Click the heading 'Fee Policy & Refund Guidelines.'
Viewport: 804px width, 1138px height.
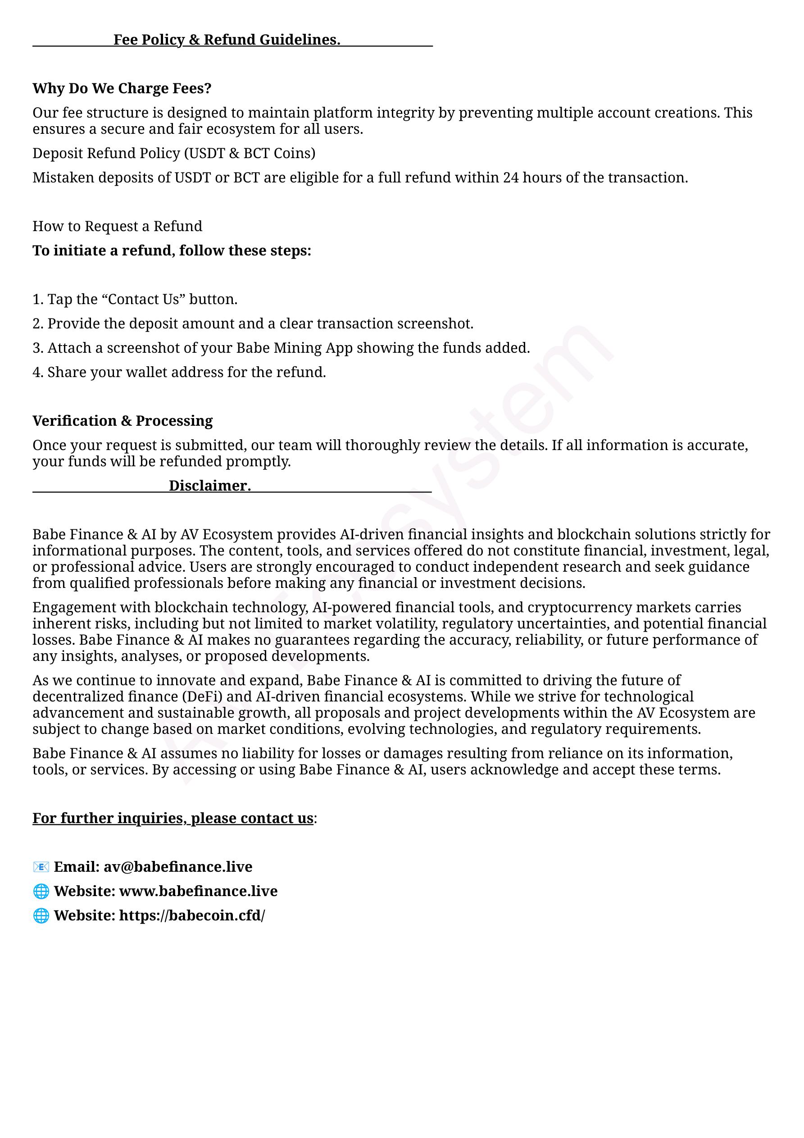227,40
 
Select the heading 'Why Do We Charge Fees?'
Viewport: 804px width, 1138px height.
122,88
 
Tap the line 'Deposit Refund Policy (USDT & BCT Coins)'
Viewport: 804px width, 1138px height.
174,153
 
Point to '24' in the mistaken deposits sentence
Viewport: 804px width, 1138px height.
511,178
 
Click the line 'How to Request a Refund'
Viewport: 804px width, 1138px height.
118,226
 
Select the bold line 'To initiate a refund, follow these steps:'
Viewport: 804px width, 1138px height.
172,250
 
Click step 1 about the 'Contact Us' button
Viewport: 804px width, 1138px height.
135,300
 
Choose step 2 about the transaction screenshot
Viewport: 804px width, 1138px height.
253,323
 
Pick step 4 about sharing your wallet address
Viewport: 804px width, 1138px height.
179,372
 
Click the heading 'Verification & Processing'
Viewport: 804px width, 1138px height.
123,421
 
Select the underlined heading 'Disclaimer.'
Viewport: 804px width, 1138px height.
210,486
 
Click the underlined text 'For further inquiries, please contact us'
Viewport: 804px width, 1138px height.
173,818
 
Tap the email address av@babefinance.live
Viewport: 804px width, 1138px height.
178,867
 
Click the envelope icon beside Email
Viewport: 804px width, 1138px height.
41,867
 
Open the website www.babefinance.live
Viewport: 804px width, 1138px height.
198,891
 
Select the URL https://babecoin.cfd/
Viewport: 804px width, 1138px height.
192,915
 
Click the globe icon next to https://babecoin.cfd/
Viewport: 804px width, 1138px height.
41,915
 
